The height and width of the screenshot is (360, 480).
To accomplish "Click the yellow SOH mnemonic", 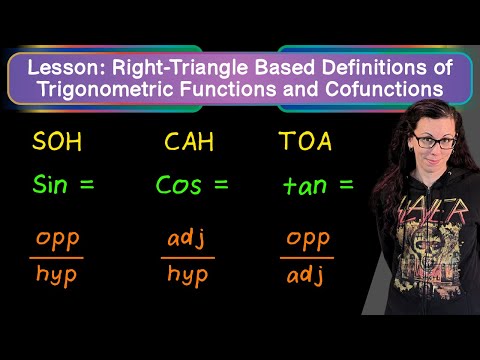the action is click(x=57, y=141).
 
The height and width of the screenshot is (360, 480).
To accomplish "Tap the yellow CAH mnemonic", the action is click(x=189, y=141).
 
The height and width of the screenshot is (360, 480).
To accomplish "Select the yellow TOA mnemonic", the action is click(x=305, y=141).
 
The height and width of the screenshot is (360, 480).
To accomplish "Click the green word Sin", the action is click(x=50, y=184).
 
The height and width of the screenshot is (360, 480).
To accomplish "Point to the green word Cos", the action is click(x=179, y=184).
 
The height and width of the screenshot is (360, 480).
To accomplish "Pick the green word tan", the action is click(x=305, y=185).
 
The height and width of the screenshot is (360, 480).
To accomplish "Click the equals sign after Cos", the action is click(x=221, y=184).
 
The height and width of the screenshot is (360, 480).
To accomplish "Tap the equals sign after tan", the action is click(x=346, y=184).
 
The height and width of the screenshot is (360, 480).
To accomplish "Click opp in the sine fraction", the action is click(x=58, y=240).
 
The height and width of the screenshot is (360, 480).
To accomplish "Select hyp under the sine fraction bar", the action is click(x=56, y=275).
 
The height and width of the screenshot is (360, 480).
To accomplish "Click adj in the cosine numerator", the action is click(x=186, y=238).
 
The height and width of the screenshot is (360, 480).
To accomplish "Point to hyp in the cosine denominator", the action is click(x=188, y=275).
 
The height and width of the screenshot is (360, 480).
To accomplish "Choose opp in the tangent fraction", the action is click(x=308, y=240).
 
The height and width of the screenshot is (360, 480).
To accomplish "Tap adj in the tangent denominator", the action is click(x=305, y=275).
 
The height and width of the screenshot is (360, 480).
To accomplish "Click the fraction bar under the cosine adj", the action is click(x=188, y=258).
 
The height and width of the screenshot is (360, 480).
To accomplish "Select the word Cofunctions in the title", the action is click(x=384, y=89).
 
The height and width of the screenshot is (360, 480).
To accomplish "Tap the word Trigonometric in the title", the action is click(x=107, y=90).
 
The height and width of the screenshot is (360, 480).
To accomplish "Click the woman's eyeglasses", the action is click(x=434, y=141).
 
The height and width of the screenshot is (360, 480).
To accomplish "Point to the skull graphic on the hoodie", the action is click(x=428, y=247).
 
